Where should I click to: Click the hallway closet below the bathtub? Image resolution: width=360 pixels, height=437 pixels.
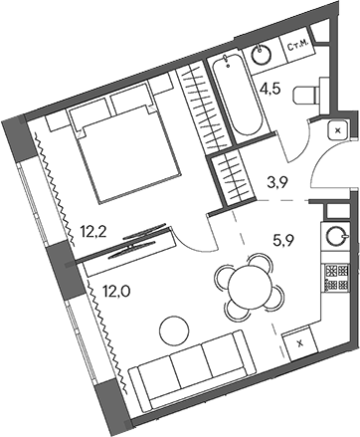236,176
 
